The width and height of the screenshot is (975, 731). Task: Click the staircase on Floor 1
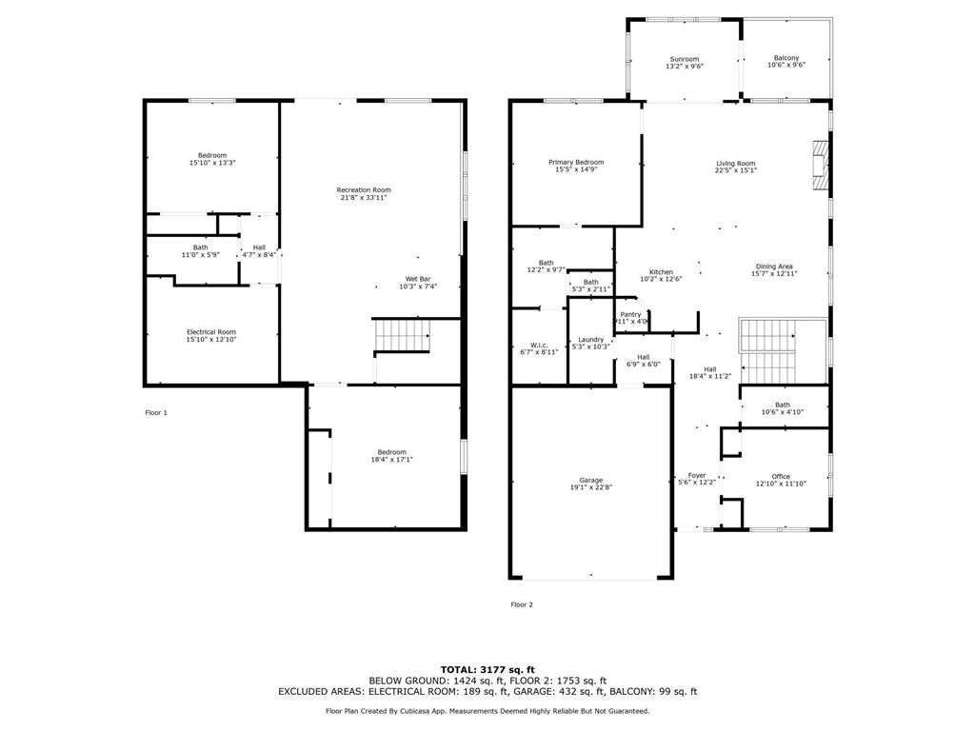click(x=401, y=336)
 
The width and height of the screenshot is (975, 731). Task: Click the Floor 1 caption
click(x=155, y=413)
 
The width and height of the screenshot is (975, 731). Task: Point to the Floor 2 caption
click(x=521, y=604)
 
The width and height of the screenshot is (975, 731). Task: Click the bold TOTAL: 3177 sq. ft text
click(x=487, y=669)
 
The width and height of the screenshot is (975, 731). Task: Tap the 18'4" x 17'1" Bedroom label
click(x=391, y=456)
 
